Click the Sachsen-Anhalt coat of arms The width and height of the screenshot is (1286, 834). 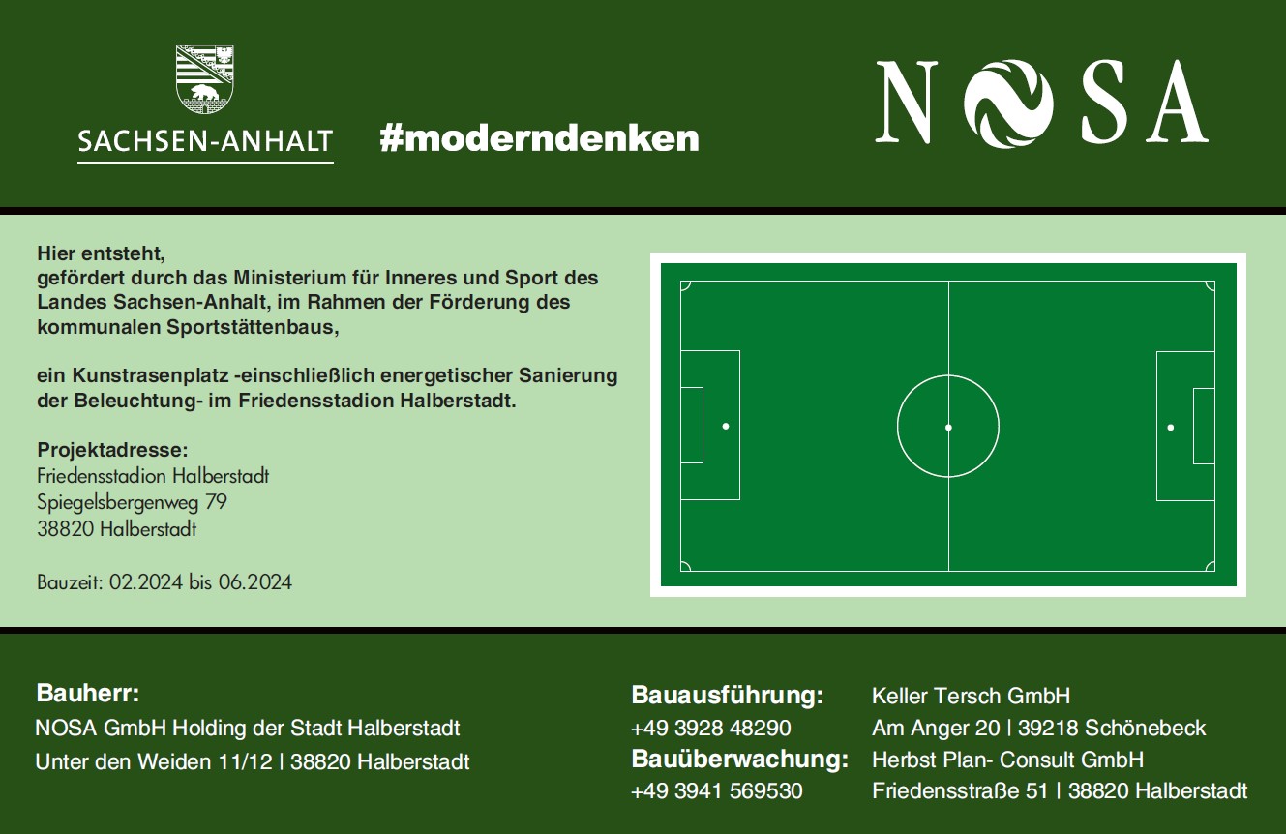pos(205,79)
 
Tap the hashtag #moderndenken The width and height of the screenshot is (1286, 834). pos(539,138)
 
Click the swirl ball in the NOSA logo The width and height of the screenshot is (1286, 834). pos(1008,104)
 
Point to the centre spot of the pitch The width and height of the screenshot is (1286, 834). pos(948,427)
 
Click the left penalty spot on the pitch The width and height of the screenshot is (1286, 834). pos(726,426)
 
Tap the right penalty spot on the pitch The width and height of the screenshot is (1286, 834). pos(1171,427)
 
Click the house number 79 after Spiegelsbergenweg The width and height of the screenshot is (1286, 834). pos(216,502)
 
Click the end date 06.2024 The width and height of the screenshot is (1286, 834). pos(254,582)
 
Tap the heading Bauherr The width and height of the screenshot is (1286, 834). pos(87,694)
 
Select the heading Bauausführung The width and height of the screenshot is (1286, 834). pos(728,695)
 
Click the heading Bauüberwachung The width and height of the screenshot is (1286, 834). pos(740,760)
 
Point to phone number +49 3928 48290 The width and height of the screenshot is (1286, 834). pos(711,728)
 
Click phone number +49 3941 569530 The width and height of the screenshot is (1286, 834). pos(716,791)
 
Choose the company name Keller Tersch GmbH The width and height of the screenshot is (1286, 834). pos(971,696)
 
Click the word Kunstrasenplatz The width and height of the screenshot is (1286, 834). pos(149,375)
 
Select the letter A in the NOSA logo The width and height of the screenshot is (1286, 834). pos(1177,101)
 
